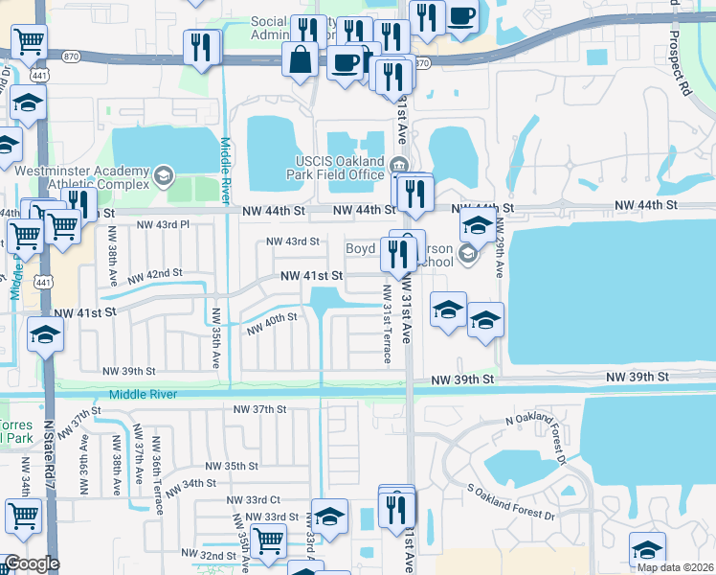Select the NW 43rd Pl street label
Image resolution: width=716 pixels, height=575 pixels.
(164, 224)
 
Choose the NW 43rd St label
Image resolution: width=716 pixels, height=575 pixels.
(292, 241)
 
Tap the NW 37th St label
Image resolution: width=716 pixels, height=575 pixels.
(260, 409)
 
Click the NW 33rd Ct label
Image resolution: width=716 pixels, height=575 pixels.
(254, 499)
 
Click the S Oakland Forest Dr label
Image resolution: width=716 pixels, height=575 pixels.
(510, 501)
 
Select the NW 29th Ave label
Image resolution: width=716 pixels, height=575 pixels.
(500, 251)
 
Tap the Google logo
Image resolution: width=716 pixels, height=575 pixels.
(32, 564)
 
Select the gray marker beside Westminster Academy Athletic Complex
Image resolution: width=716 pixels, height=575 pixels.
(163, 175)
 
